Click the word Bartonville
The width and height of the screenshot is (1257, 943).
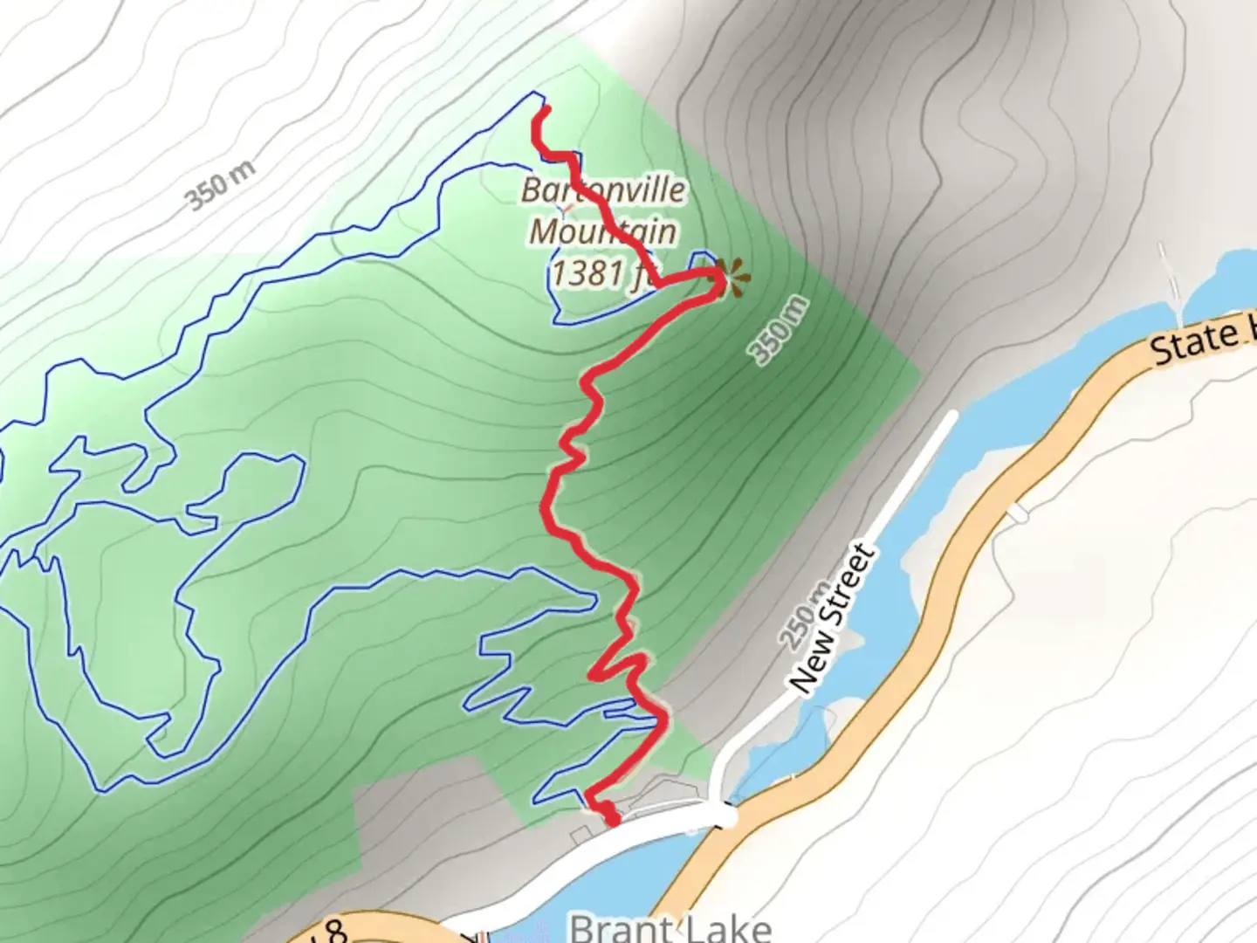pos(603,189)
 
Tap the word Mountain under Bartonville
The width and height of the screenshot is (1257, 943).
pos(603,231)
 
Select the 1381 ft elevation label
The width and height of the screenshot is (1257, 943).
pos(601,273)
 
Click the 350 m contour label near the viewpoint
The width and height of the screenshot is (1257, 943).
pos(780,330)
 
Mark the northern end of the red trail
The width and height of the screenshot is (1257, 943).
pos(546,109)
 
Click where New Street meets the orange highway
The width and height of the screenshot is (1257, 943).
pos(725,816)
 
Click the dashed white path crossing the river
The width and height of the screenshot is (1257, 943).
pos(1170,279)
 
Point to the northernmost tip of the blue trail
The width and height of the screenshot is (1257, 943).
pos(535,93)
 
